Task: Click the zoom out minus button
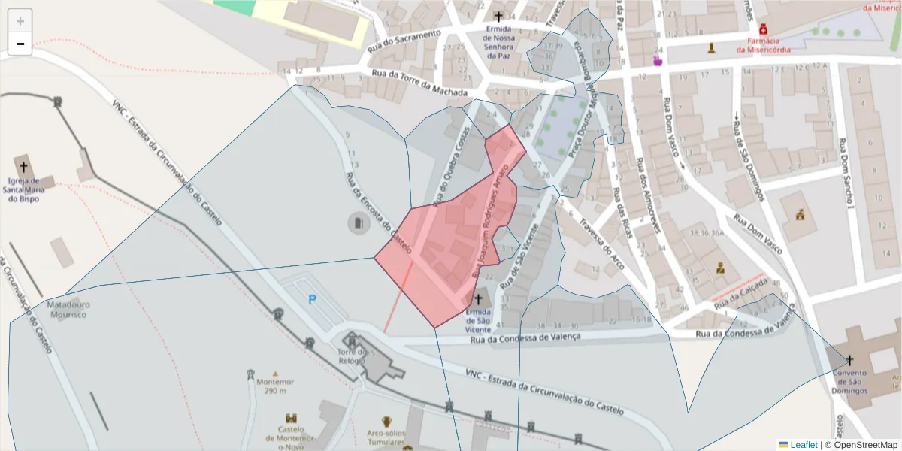(x=20, y=44)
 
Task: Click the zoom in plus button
(x=20, y=21)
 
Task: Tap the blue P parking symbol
(x=312, y=300)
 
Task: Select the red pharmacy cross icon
(x=763, y=28)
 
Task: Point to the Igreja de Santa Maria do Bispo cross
(x=23, y=167)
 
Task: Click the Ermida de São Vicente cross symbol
(x=477, y=299)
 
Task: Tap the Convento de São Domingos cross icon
(x=850, y=360)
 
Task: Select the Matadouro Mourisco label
(x=67, y=310)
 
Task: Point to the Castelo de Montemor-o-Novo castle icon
(x=291, y=419)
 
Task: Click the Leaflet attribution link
(x=804, y=445)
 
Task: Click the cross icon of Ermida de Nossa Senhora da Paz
(x=498, y=15)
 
